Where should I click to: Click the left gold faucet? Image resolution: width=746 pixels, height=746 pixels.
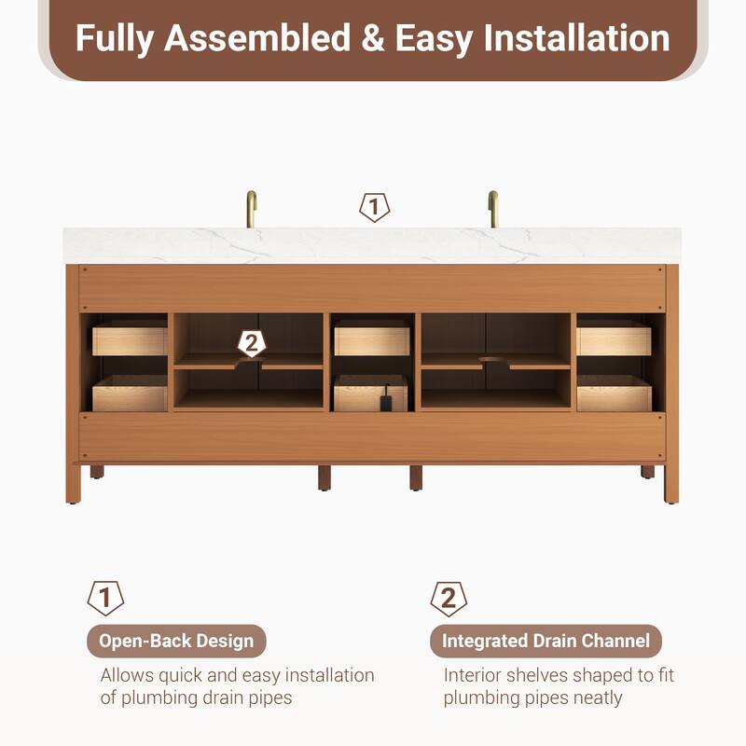tap(251, 209)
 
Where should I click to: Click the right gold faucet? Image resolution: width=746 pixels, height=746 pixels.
tap(493, 209)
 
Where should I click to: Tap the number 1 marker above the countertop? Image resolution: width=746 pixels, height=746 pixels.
tap(375, 207)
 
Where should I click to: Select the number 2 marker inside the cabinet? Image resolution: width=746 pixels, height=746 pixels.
tap(252, 343)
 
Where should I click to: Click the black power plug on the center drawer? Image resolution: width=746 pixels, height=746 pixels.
tap(386, 400)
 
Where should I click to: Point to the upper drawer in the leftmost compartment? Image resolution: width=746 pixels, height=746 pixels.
tap(130, 338)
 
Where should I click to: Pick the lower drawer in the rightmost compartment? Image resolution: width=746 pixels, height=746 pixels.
tap(615, 394)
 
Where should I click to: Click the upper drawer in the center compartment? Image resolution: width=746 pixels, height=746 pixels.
tap(371, 338)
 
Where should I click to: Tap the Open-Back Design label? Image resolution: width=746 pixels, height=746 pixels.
tap(176, 641)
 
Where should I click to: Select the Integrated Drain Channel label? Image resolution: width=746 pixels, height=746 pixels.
tap(546, 641)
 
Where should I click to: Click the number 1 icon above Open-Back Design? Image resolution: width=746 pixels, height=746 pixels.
tap(105, 598)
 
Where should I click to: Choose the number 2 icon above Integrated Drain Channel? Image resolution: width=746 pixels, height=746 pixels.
tap(449, 598)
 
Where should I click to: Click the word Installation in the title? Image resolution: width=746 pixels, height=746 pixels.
tap(576, 38)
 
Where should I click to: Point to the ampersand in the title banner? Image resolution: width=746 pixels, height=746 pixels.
tap(372, 38)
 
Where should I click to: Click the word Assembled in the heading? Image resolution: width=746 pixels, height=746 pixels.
tap(257, 38)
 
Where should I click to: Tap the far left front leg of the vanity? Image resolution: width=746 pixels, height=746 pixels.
tap(73, 483)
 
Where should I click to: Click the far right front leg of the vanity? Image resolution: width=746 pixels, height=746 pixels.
tap(671, 483)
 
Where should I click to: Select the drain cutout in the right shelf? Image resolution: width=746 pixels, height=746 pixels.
tap(495, 361)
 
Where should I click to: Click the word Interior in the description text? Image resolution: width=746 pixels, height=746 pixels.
tap(472, 675)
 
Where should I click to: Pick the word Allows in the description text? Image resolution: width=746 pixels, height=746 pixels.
tap(127, 675)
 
